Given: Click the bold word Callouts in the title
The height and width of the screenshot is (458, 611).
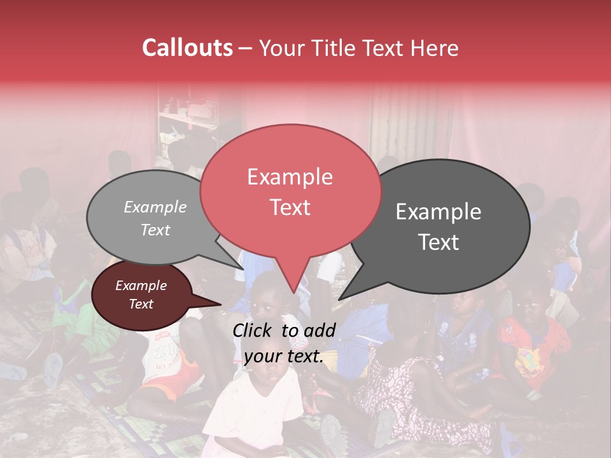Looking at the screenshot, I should [187, 48].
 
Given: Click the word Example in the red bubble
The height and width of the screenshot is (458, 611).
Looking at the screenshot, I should [290, 177].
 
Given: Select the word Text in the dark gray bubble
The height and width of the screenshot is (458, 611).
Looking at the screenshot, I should [439, 242].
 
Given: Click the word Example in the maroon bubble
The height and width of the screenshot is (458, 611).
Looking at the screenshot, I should [141, 286].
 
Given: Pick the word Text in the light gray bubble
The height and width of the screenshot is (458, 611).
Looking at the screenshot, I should [155, 230].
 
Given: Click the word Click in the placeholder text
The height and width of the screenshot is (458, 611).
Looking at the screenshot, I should [253, 330].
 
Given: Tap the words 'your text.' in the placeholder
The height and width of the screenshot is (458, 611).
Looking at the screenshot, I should [283, 357].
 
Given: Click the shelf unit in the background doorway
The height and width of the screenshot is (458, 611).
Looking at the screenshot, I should [188, 124].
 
